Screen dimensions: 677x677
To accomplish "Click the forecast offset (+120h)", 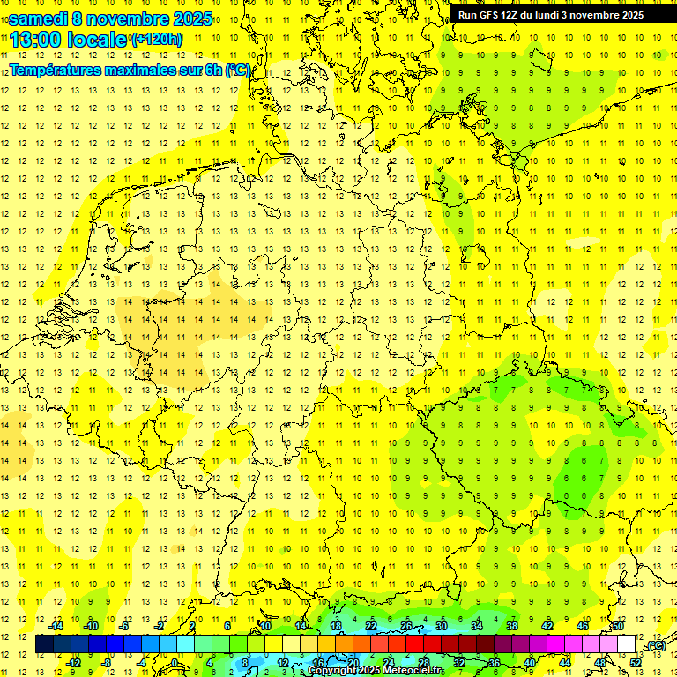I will point(156,39).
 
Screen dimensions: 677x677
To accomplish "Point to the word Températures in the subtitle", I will point(63,70).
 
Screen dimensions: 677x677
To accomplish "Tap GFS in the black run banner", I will point(490,15).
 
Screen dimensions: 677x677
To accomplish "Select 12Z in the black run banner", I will point(514,15).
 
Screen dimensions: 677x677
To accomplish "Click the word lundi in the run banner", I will point(558,15).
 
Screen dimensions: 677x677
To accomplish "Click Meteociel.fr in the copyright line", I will point(415,671).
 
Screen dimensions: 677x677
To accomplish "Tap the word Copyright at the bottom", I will point(332,671).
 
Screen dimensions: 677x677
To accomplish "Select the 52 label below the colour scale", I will point(636,662).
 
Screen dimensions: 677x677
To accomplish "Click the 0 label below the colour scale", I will point(175,662).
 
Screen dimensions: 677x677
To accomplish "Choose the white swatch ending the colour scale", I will point(627,644).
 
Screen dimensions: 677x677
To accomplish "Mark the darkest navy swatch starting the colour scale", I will point(44,644).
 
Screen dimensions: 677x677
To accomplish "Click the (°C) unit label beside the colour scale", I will point(655,645).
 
